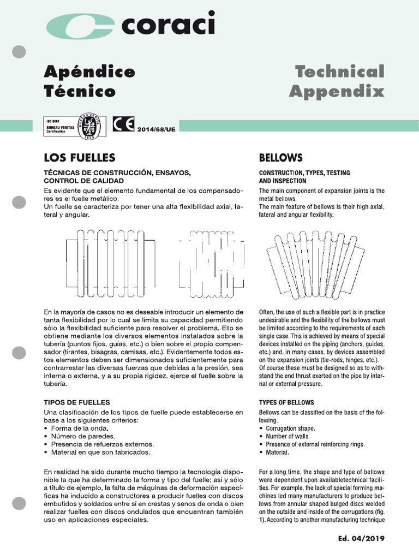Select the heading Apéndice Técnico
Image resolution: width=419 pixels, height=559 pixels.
[x=89, y=81]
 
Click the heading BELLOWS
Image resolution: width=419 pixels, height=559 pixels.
[x=280, y=158]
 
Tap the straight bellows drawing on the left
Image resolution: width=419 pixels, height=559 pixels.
[x=110, y=263]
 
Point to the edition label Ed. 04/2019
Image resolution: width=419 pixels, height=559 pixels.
[x=361, y=539]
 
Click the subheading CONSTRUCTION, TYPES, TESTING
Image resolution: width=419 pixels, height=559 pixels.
[x=304, y=173]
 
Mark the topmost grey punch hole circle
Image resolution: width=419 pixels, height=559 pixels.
[x=19, y=52]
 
